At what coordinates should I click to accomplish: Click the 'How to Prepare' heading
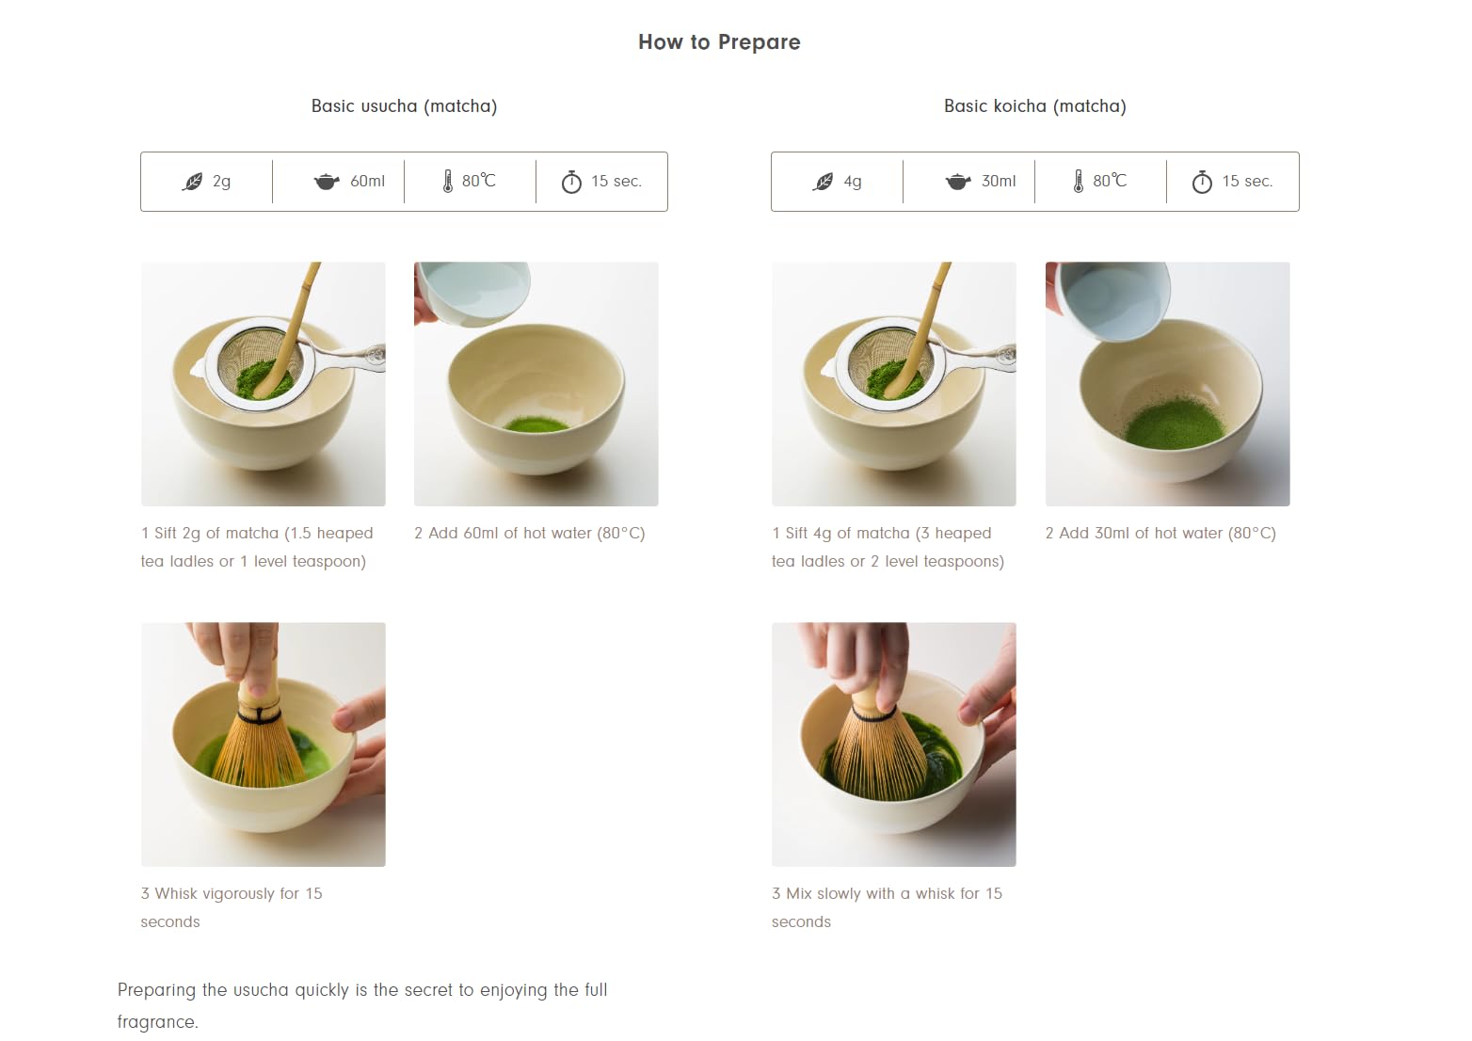pos(719,42)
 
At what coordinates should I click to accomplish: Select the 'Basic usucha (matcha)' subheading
pos(404,106)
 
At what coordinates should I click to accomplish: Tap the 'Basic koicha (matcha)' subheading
pos(1034,106)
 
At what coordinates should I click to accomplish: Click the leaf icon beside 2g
pos(192,182)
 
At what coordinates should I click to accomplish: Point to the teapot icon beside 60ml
pos(326,182)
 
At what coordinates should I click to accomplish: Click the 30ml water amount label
pos(998,182)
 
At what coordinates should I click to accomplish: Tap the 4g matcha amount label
pos(852,182)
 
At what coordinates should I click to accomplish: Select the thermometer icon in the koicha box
pos(1078,182)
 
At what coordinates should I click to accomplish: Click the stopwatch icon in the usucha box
pos(571,182)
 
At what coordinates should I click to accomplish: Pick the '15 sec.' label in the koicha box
pos(1247,182)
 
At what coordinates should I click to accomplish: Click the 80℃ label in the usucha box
pos(478,181)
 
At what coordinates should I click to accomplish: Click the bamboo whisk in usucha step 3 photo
pos(259,744)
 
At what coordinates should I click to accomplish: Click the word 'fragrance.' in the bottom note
pos(157,1022)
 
